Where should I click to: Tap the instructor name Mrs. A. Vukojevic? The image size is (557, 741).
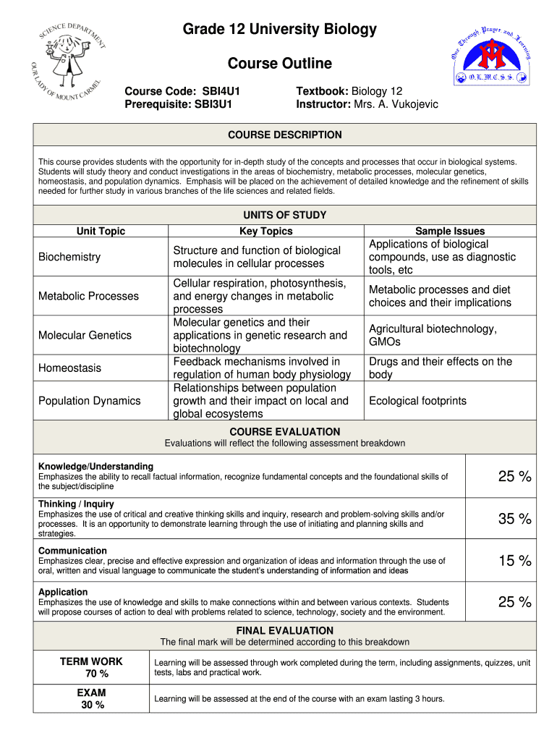[x=396, y=104]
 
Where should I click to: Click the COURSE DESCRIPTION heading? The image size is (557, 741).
[x=285, y=135]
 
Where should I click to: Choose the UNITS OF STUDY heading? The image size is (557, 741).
[x=285, y=215]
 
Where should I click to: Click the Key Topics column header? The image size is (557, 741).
[x=266, y=231]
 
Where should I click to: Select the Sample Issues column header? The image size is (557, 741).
[x=450, y=231]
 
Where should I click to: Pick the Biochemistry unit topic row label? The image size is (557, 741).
[x=69, y=257]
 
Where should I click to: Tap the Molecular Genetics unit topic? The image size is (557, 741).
[x=85, y=335]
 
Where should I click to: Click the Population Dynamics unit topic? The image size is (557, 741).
[x=90, y=401]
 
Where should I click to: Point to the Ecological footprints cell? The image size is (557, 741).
[x=417, y=401]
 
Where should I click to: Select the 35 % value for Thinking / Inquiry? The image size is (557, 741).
[x=514, y=519]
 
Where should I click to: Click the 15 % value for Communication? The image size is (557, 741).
[x=514, y=560]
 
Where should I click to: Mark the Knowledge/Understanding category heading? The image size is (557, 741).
[x=95, y=466]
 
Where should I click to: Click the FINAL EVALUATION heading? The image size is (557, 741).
[x=285, y=630]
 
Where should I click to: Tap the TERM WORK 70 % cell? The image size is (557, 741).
[x=91, y=667]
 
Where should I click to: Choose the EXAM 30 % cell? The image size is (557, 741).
[x=91, y=698]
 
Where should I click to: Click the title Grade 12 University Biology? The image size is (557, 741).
[x=279, y=29]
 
